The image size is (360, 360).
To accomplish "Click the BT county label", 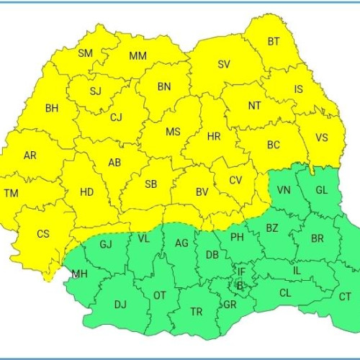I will (x=274, y=42).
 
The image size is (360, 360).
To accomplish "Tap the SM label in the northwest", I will (x=86, y=53).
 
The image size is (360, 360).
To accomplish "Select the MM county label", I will (x=138, y=56).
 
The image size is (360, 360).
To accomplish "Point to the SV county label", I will (x=224, y=64).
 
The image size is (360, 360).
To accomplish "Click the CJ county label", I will (x=117, y=117).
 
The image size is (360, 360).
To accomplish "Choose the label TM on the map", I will (x=11, y=193).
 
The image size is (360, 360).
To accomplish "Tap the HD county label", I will (x=86, y=192).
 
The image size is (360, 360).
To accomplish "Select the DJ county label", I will (x=120, y=305).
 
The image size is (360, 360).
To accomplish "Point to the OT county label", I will (x=160, y=295).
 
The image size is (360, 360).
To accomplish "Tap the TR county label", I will (x=196, y=312).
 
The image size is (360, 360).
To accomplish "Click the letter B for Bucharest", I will (x=240, y=286).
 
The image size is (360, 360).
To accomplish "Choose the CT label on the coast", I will (x=345, y=297).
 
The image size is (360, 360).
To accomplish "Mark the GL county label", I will (x=321, y=190).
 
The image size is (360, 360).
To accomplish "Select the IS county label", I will (x=299, y=91).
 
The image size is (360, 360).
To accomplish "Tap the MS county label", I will (x=173, y=132).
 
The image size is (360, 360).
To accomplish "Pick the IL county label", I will (x=297, y=270).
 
